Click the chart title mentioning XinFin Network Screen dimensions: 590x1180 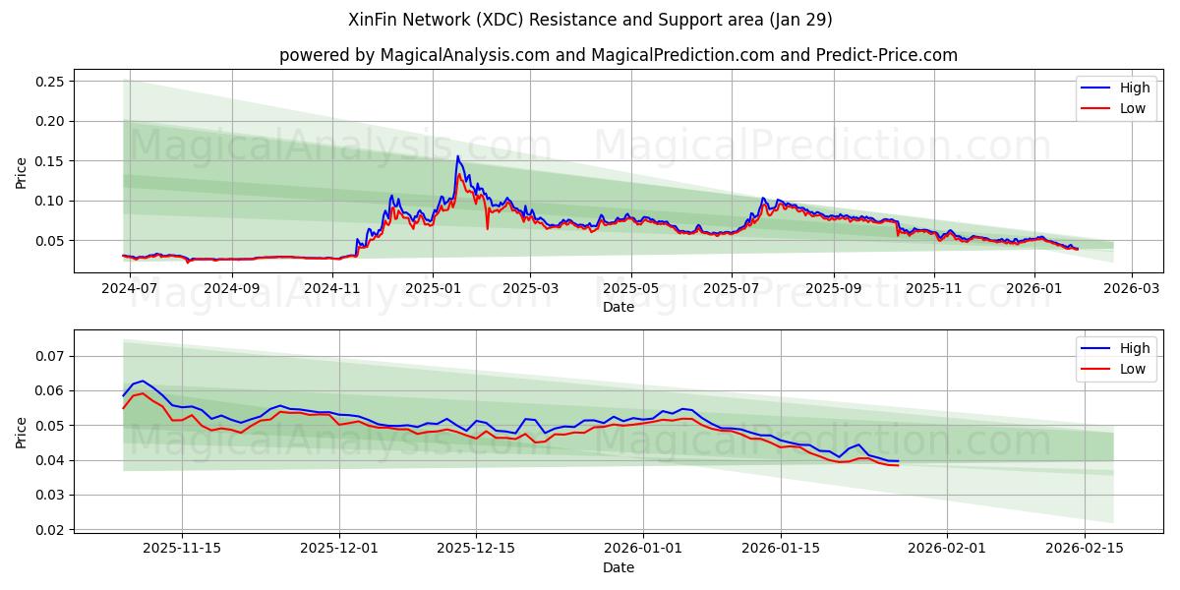(590, 20)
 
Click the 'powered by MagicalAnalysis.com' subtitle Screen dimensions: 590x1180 (618, 55)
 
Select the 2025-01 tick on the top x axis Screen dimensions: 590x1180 (433, 289)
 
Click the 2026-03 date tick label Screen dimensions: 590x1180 (1131, 289)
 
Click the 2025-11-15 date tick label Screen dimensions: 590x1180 (182, 548)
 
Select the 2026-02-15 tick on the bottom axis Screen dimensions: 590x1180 (1085, 548)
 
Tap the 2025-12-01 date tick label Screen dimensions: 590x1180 (339, 548)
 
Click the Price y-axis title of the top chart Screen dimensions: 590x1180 (22, 172)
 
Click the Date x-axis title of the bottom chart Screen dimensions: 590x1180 (619, 567)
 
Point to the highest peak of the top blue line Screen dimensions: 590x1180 (457, 155)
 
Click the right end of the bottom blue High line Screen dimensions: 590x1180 (898, 461)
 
